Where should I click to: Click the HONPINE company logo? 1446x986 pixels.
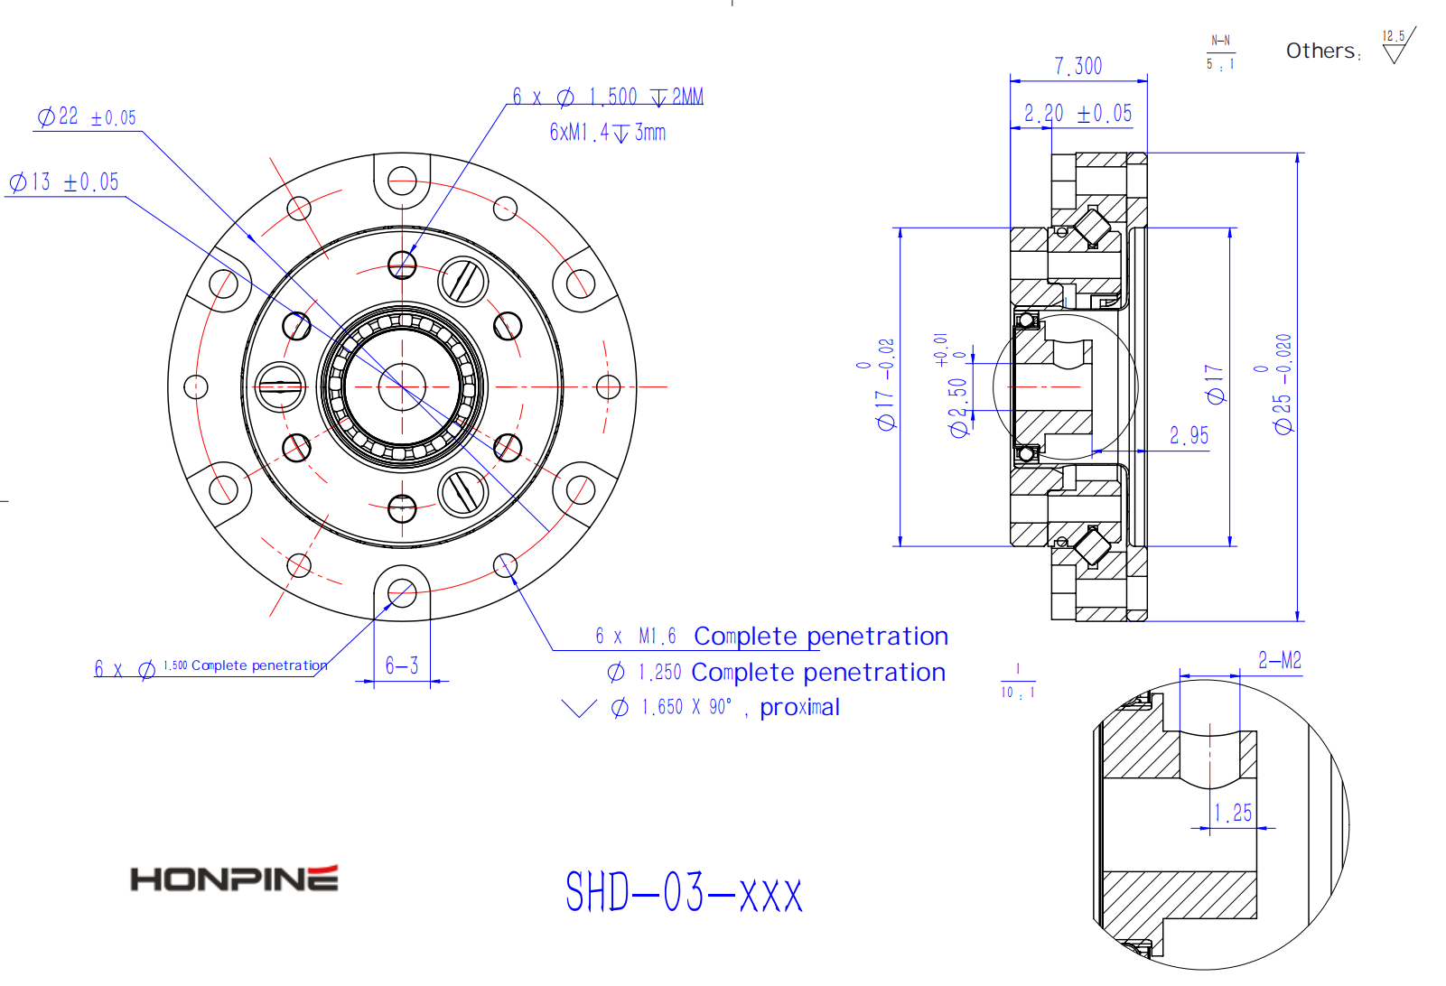(x=234, y=879)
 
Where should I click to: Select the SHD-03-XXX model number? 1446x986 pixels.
(x=684, y=893)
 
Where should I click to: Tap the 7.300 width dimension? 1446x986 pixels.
(x=1078, y=67)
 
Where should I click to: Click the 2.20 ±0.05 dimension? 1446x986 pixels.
(x=1078, y=114)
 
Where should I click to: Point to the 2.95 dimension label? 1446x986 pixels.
(x=1189, y=436)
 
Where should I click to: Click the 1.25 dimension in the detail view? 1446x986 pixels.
(x=1233, y=813)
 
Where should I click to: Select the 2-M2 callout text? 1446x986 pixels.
(x=1279, y=661)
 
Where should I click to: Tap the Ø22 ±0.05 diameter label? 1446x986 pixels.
(x=87, y=117)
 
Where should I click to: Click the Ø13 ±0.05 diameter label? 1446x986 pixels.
(x=64, y=182)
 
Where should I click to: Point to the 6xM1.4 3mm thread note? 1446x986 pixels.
(x=607, y=133)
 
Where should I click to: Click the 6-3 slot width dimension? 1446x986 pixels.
(x=402, y=666)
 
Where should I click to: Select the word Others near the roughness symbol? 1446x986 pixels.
(x=1320, y=51)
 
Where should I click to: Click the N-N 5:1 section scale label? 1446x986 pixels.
(x=1220, y=52)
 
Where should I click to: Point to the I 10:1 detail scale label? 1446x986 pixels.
(x=1017, y=682)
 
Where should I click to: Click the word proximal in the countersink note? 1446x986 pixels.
(x=799, y=708)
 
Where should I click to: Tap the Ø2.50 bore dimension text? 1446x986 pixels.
(x=958, y=406)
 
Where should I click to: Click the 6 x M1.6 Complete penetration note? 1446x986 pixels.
(x=771, y=637)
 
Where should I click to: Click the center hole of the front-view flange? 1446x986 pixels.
(x=402, y=386)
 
